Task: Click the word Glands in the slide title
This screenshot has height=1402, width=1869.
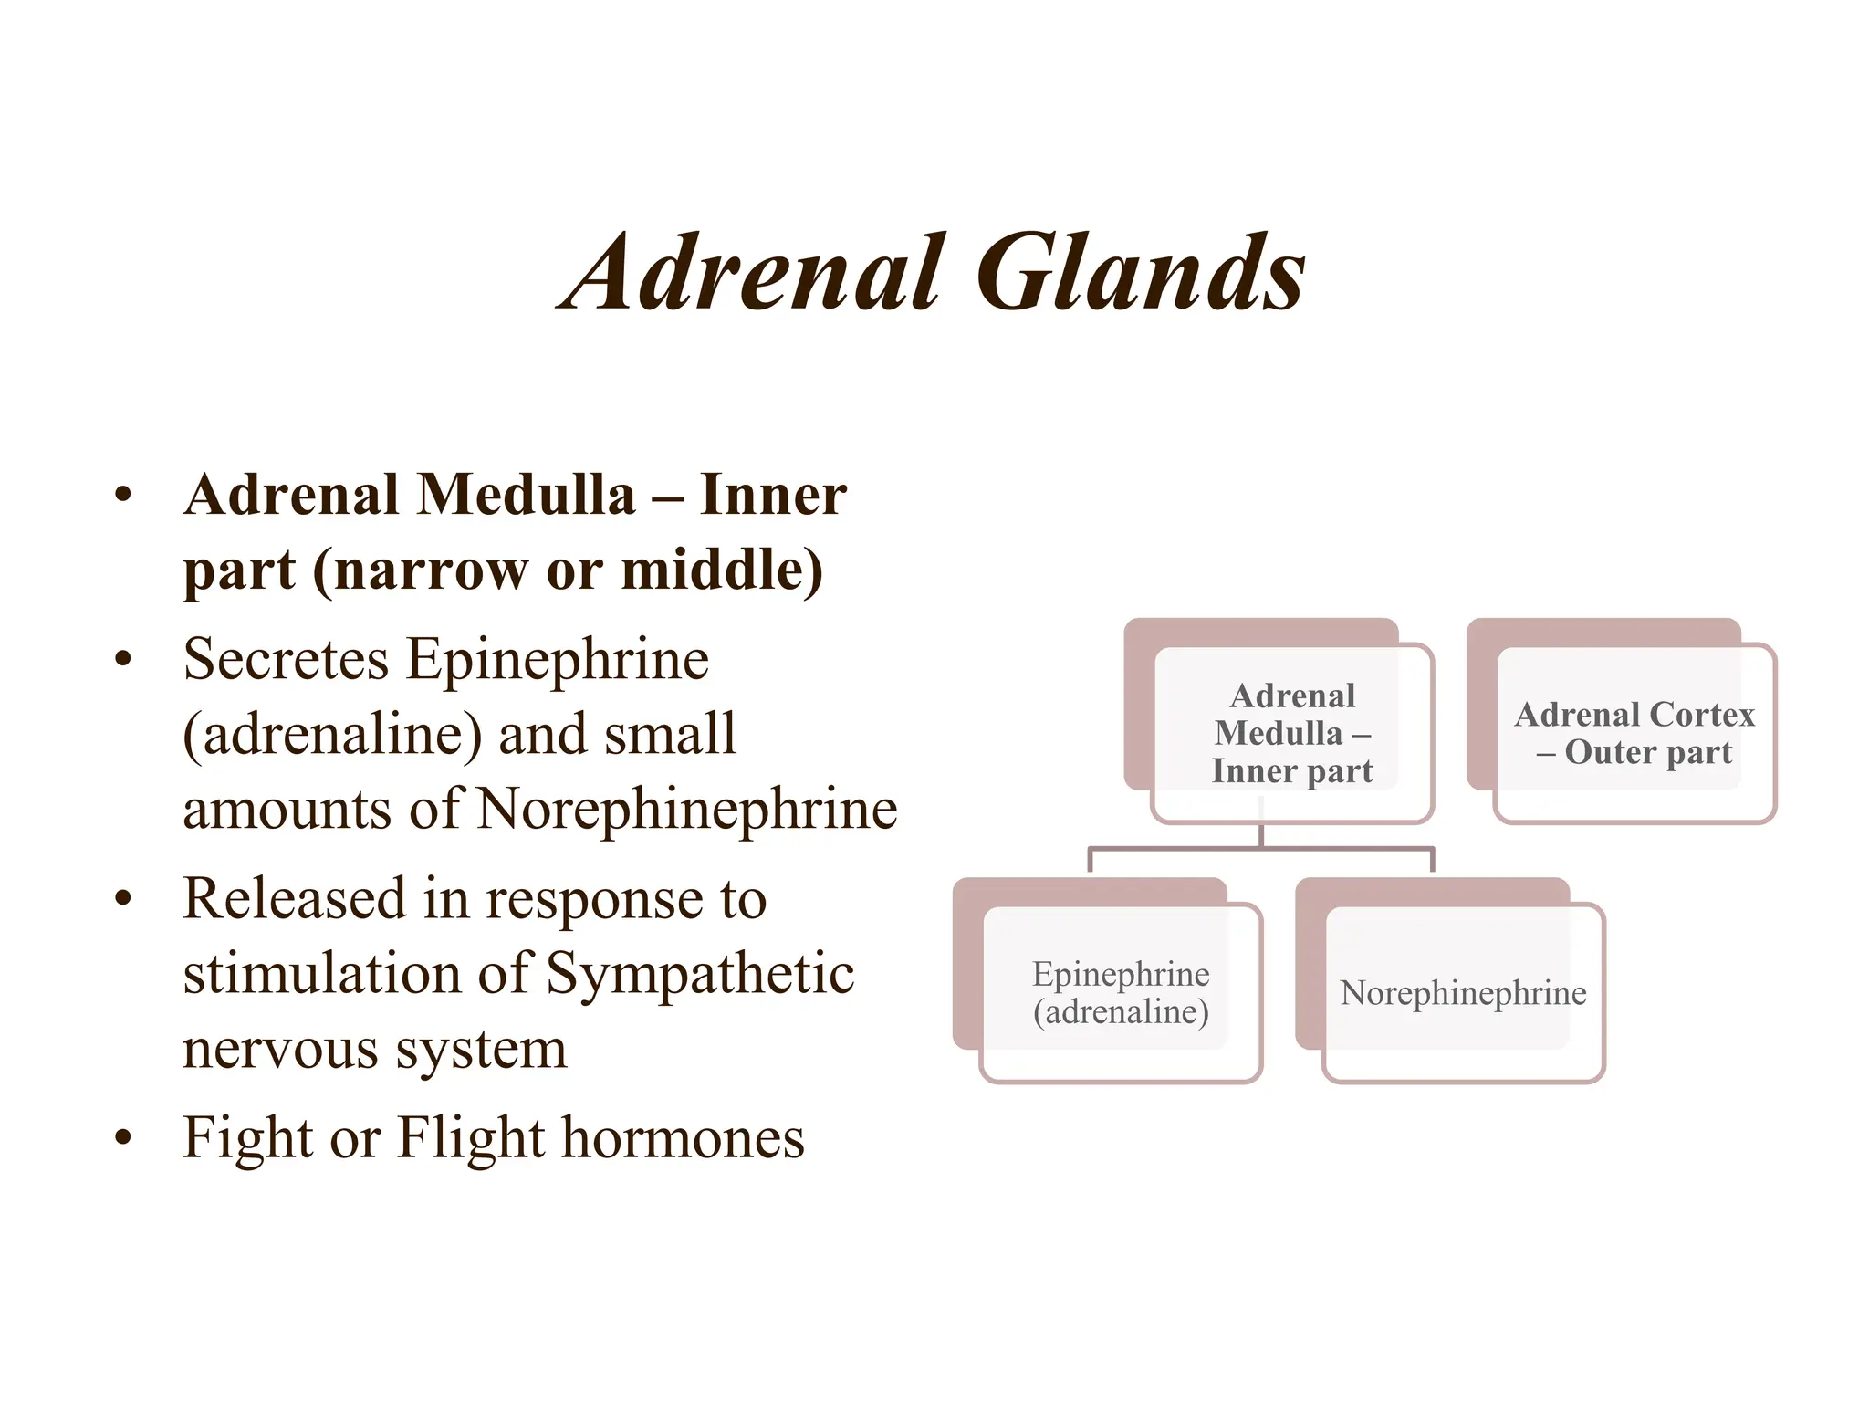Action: [x=1141, y=274]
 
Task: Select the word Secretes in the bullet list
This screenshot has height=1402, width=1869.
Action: [x=286, y=659]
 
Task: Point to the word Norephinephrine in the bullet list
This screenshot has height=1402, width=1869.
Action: [x=686, y=810]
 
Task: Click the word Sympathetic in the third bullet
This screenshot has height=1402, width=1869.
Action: [x=699, y=973]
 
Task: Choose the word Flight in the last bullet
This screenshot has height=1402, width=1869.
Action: [x=471, y=1138]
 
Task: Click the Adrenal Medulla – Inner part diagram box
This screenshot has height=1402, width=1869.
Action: [x=1291, y=733]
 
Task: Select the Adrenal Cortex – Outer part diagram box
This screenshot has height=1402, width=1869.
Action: [x=1634, y=733]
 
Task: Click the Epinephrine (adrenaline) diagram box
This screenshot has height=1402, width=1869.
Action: [x=1121, y=993]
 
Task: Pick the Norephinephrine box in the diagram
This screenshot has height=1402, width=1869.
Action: [x=1463, y=993]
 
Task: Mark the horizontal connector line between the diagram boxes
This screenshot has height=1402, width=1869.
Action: [x=1260, y=849]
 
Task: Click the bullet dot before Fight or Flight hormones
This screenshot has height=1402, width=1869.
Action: [x=123, y=1138]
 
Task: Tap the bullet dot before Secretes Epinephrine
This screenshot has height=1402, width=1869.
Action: [x=123, y=659]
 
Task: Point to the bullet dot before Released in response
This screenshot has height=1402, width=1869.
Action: [x=123, y=899]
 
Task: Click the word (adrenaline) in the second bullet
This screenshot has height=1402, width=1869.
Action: [x=332, y=735]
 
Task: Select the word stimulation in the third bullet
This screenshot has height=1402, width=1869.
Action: [x=321, y=973]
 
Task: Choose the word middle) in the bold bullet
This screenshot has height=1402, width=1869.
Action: [x=722, y=570]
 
